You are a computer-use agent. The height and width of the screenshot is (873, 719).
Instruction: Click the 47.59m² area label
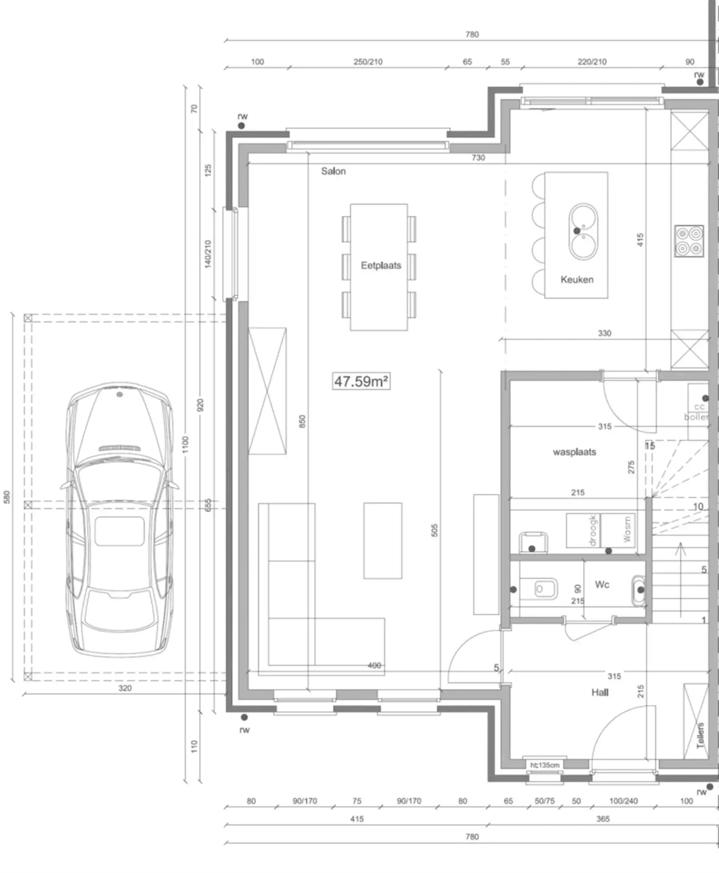coord(361,381)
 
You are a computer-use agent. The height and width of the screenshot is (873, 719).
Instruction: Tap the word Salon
coord(333,171)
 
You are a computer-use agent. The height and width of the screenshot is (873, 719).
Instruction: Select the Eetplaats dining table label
coord(381,265)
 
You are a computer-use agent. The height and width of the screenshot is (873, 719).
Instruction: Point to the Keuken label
coord(576,280)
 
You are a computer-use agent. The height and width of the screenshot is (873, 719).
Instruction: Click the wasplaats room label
coord(574,452)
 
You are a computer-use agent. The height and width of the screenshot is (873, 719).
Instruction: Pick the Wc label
coord(602,585)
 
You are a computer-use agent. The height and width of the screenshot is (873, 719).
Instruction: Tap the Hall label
coord(599,692)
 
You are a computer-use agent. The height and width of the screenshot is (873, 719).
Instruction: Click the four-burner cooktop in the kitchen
coord(689,241)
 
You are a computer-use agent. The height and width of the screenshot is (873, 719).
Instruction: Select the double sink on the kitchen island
coord(583,231)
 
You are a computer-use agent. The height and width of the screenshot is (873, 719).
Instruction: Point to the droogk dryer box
coord(583,531)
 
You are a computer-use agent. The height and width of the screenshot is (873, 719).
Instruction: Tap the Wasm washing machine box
coord(618,531)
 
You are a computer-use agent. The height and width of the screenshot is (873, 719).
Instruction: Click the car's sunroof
coord(119,531)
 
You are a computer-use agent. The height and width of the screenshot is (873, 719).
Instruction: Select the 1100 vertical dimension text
coord(185,445)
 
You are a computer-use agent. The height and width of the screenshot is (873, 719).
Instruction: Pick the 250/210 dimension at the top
coord(368,62)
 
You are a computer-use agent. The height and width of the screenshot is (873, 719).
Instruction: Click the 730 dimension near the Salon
coord(478,158)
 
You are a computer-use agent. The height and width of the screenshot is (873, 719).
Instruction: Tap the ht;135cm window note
coord(544,765)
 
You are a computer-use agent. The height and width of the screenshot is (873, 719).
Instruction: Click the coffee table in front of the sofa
coord(383,541)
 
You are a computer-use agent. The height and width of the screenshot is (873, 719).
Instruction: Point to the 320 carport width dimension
coord(125,688)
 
